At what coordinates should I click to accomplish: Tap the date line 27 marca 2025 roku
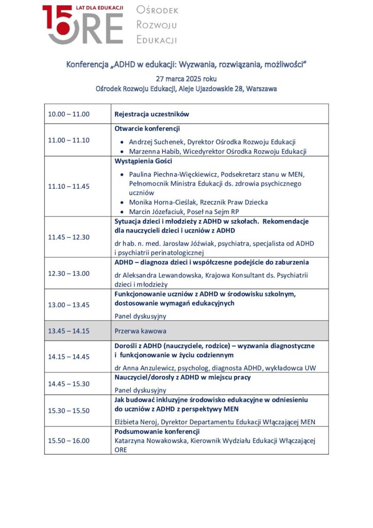click(186, 79)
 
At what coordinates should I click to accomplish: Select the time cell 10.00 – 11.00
click(69, 114)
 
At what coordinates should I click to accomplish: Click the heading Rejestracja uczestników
click(151, 114)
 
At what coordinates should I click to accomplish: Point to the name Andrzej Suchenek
click(156, 141)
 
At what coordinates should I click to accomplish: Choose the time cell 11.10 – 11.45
click(69, 186)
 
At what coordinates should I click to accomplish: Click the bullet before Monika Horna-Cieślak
click(121, 203)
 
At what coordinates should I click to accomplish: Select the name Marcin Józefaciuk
click(158, 212)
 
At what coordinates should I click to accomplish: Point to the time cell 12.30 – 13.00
click(69, 273)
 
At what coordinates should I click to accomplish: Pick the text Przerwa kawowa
click(140, 331)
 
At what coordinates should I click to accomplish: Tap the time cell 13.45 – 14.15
click(69, 331)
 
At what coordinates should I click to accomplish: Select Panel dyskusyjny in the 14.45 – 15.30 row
click(140, 390)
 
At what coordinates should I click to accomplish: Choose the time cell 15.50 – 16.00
click(69, 440)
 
